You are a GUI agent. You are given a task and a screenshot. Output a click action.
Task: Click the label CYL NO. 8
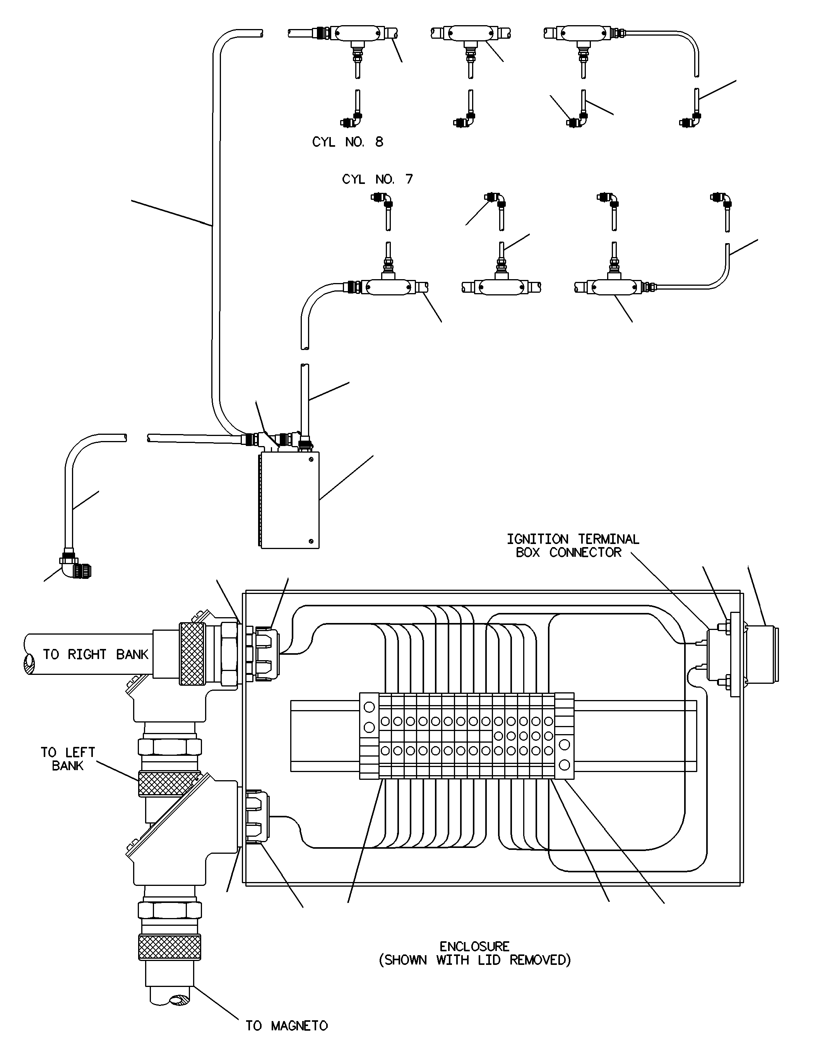pyautogui.click(x=347, y=142)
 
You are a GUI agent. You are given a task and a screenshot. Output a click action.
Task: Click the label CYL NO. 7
pyautogui.click(x=377, y=179)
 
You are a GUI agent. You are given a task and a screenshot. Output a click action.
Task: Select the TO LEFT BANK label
pyautogui.click(x=68, y=759)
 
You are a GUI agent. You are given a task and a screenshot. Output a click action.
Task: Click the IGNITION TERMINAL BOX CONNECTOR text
pyautogui.click(x=573, y=546)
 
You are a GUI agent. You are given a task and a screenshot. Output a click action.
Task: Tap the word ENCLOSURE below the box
pyautogui.click(x=475, y=947)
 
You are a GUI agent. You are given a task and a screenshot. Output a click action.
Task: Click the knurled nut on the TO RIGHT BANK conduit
pyautogui.click(x=192, y=654)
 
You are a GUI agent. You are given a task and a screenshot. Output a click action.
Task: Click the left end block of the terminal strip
pyautogui.click(x=369, y=736)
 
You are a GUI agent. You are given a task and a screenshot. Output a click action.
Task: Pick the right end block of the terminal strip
pyautogui.click(x=564, y=736)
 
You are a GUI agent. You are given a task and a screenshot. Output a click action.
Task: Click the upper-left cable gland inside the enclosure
pyautogui.click(x=263, y=653)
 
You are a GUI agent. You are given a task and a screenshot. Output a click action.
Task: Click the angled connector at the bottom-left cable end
pyautogui.click(x=75, y=566)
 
